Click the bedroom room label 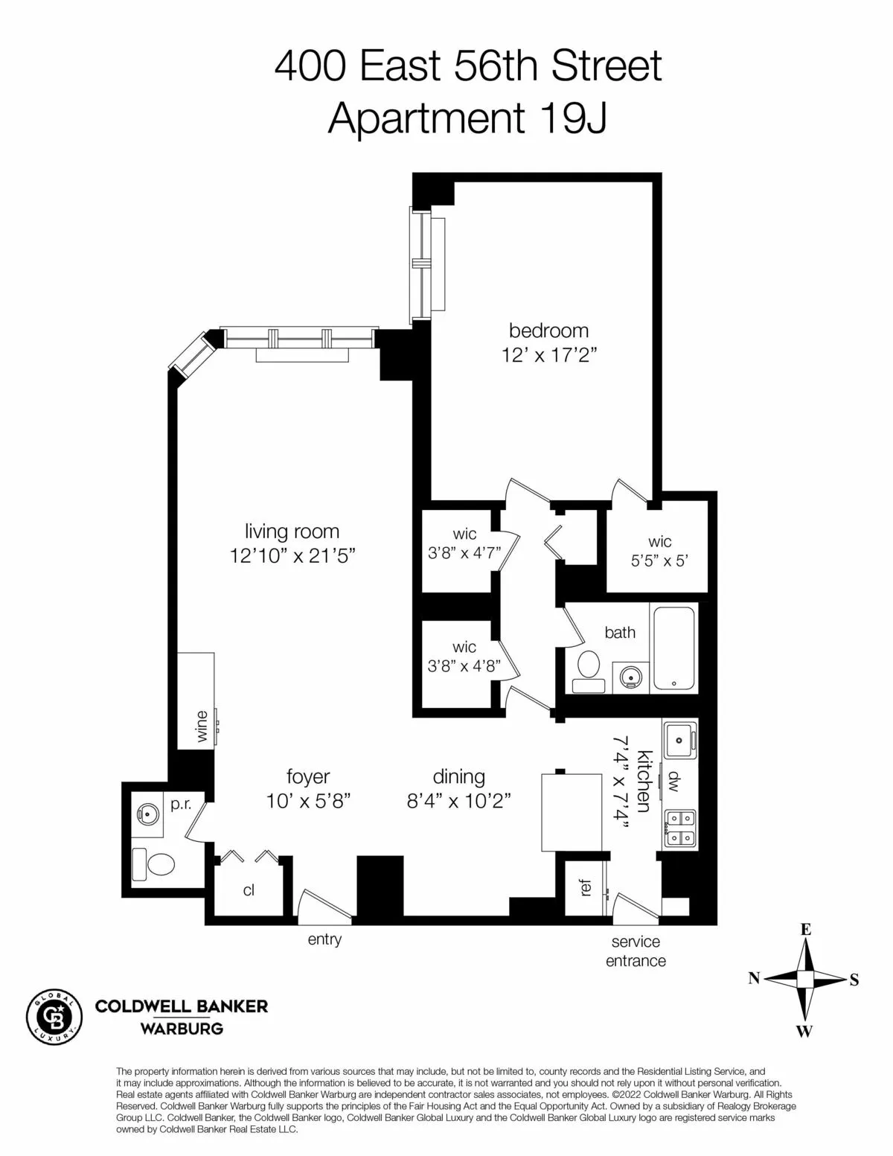548,330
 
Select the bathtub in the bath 673,648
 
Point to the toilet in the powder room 154,863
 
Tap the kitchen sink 679,740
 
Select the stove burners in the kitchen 679,828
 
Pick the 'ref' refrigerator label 586,887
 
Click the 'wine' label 202,727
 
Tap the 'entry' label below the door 324,939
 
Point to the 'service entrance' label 636,951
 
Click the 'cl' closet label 249,890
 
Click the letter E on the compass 805,930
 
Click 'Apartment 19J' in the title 467,118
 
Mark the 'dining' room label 458,776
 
